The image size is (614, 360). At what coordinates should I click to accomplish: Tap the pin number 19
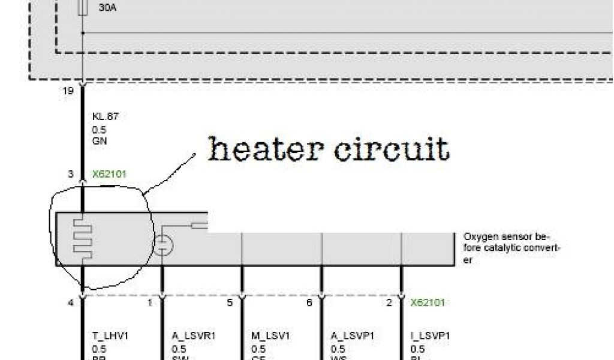point(68,91)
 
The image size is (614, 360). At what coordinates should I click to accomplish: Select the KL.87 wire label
point(105,116)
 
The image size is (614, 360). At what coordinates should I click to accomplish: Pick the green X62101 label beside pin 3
point(109,175)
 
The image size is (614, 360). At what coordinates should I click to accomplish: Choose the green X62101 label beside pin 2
point(428,303)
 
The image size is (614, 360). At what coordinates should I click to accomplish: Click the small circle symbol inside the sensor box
point(162,245)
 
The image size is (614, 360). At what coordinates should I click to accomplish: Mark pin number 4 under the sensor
point(71,303)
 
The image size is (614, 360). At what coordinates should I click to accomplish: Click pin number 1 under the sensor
point(150,303)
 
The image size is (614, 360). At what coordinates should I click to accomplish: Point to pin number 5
point(230,303)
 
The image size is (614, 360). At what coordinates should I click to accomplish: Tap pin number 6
point(309,303)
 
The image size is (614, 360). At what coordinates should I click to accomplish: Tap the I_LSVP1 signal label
point(429,336)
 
